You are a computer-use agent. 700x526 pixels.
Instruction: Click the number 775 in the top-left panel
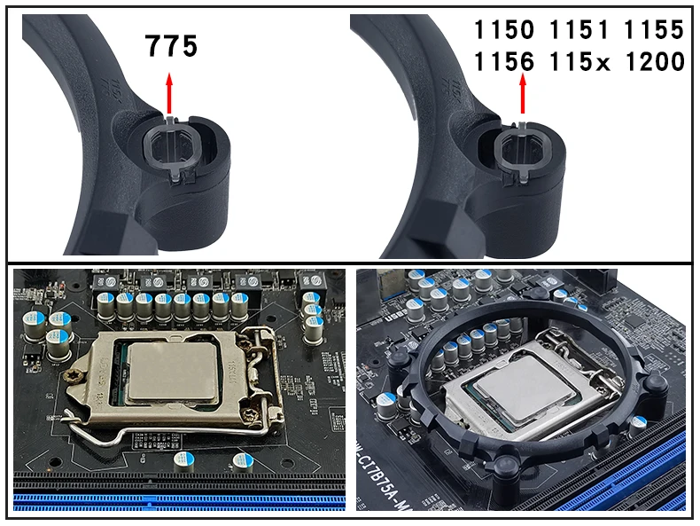point(172,45)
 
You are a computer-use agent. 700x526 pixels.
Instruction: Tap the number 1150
point(504,30)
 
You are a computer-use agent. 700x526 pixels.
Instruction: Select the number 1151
point(581,30)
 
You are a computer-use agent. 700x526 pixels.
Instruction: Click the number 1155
point(655,30)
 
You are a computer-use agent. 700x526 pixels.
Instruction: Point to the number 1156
point(504,63)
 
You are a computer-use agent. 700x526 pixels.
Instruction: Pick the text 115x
point(581,63)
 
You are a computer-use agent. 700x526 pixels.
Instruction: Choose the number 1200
point(655,63)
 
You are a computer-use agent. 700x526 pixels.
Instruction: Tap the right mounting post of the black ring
point(657,384)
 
